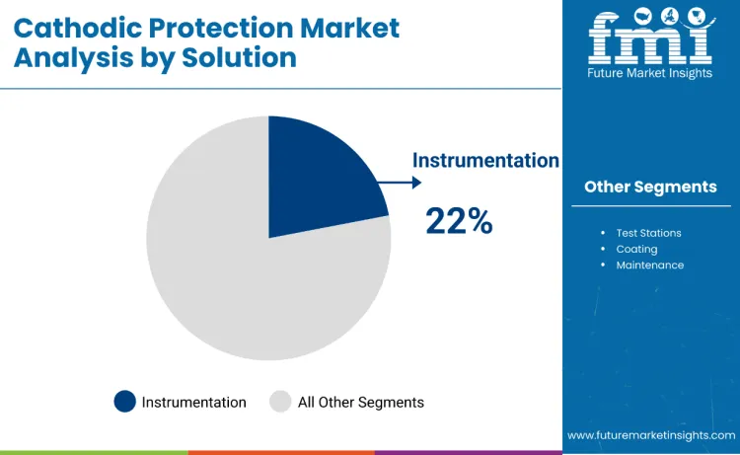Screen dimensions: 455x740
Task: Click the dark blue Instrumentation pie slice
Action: [x=316, y=178]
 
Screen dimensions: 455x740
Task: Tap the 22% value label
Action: [x=459, y=221]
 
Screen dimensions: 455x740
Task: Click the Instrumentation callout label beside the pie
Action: [x=485, y=161]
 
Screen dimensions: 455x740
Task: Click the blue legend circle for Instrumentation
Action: [x=124, y=402]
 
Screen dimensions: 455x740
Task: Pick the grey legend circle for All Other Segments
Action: [x=281, y=402]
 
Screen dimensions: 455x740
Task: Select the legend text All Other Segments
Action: [x=361, y=402]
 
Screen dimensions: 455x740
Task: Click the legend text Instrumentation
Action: [x=194, y=402]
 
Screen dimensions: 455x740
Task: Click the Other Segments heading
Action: [x=650, y=187]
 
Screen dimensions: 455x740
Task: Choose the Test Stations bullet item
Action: [x=648, y=233]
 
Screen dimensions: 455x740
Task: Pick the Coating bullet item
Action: [x=636, y=249]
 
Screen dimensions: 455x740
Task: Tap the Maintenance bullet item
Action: [x=649, y=265]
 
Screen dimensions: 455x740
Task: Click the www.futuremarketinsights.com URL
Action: [x=651, y=434]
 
